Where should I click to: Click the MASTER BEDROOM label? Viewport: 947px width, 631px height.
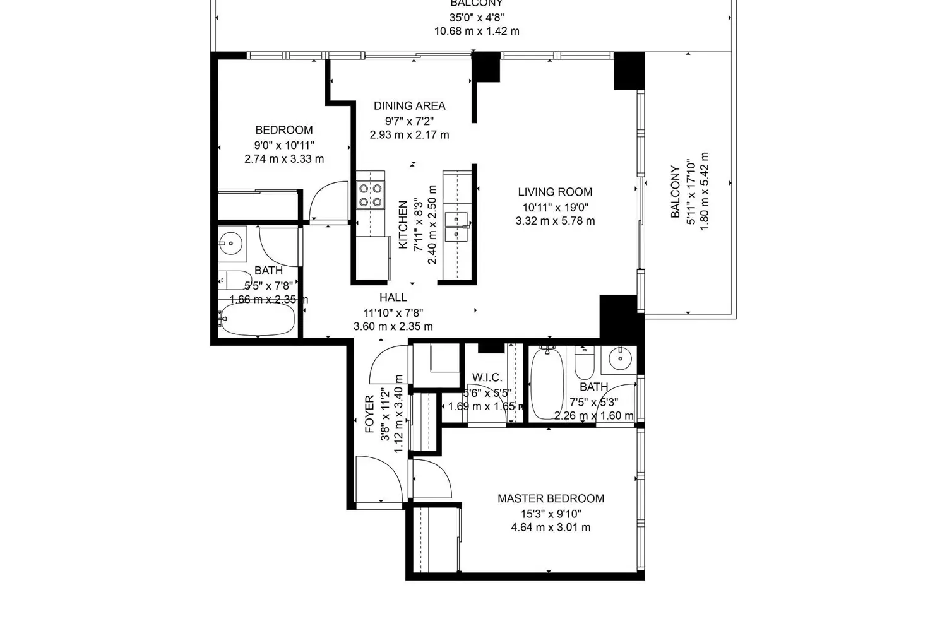551,498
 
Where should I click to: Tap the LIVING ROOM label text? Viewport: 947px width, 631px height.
555,192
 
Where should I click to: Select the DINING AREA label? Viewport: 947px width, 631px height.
409,106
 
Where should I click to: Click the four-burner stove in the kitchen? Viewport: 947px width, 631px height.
370,195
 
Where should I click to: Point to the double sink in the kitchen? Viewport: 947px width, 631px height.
456,227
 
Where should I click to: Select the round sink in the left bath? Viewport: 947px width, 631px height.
232,242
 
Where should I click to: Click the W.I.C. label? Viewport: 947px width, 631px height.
487,378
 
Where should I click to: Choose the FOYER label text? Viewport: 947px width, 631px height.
370,414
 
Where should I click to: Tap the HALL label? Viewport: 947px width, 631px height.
393,297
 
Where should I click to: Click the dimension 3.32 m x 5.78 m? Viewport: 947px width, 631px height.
555,221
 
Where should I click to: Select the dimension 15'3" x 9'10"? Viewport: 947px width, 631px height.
551,514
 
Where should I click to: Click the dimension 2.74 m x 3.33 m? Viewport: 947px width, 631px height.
284,159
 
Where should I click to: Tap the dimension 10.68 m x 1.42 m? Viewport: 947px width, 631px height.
477,31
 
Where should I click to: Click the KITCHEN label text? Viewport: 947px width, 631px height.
403,225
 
